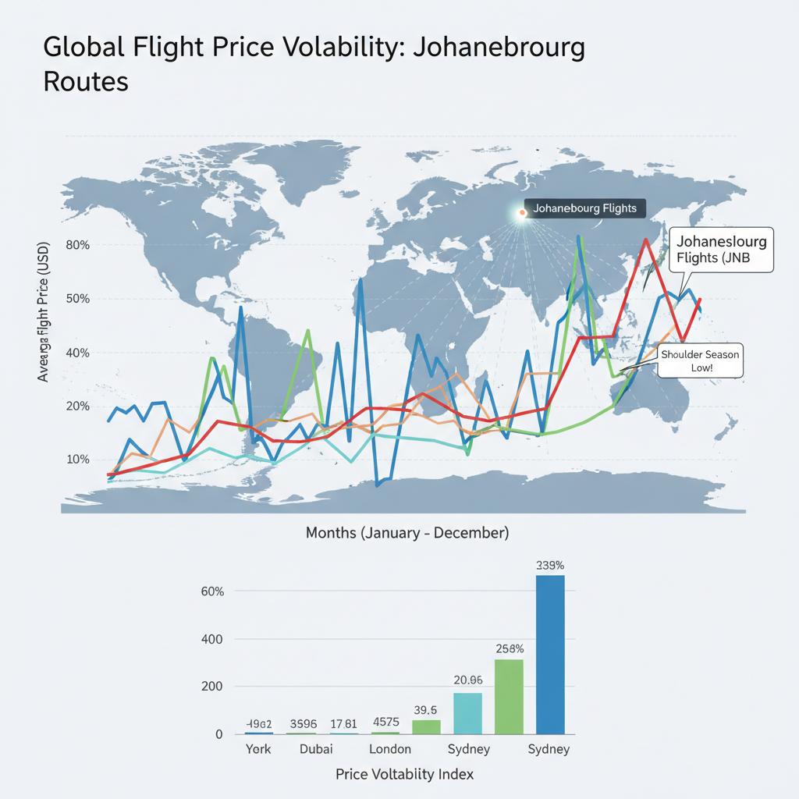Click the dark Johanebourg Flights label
click(x=584, y=208)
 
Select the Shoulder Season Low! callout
click(x=699, y=360)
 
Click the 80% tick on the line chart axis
click(x=79, y=244)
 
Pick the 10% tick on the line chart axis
click(x=79, y=459)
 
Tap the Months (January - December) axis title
click(x=407, y=533)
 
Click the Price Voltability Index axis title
click(x=404, y=774)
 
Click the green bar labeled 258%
click(x=509, y=696)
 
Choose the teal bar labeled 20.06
click(x=467, y=713)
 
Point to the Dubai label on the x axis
click(x=316, y=749)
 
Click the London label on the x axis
click(x=389, y=749)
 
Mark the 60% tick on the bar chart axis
click(x=212, y=591)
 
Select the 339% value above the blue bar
click(x=550, y=565)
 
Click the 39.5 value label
click(x=426, y=709)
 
